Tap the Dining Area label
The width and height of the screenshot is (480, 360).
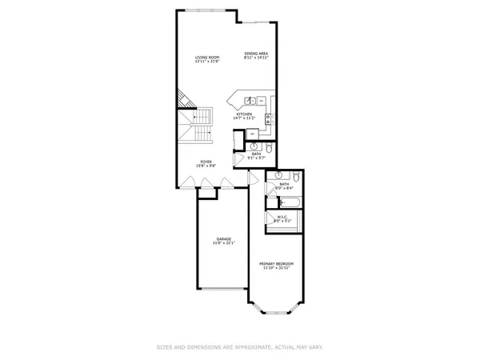tap(256, 54)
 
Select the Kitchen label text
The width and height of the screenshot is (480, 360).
tap(244, 114)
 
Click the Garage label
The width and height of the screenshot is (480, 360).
tap(223, 239)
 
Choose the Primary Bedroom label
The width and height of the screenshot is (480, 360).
tap(276, 263)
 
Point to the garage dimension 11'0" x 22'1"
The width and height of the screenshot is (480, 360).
tap(223, 244)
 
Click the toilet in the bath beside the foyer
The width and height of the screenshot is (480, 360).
tap(270, 148)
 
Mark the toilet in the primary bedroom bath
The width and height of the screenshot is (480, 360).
tap(296, 177)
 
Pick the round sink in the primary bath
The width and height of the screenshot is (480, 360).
tap(278, 174)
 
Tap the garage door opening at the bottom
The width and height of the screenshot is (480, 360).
tap(223, 289)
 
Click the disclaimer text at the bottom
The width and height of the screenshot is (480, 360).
tap(240, 347)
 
